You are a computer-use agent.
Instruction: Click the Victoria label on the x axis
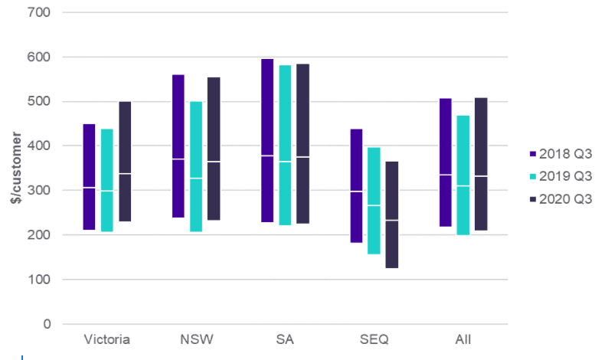point(106,339)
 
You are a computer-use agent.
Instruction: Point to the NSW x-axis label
point(196,339)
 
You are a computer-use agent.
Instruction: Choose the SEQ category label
point(374,339)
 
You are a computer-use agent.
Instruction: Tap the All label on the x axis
point(463,339)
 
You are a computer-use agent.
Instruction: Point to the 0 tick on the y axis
point(47,324)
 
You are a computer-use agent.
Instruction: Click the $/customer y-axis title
point(13,169)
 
